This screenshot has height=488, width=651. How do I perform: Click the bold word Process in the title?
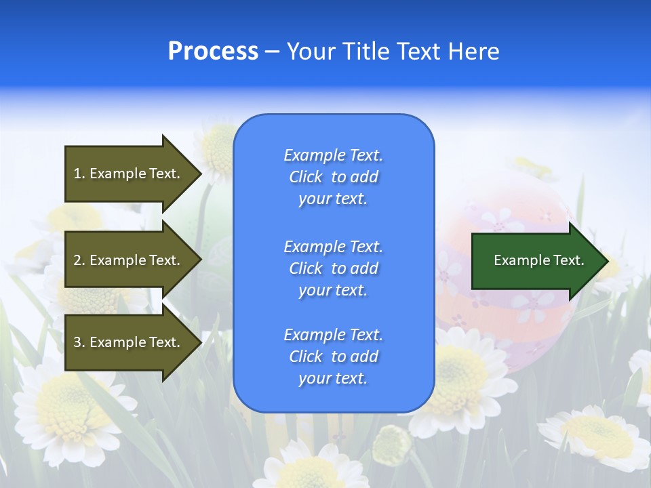point(213,52)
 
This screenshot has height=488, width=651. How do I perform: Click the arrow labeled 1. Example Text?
point(129,174)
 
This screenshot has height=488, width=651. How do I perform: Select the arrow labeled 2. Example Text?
point(129,260)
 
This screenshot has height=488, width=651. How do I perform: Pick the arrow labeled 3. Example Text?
point(129,342)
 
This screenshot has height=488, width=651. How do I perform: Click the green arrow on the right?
point(536,261)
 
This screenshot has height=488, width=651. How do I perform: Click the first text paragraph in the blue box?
point(333,177)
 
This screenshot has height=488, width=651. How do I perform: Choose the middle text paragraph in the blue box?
point(333,268)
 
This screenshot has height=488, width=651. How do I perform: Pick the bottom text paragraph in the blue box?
point(333,357)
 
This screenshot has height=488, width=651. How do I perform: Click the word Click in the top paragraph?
point(306,177)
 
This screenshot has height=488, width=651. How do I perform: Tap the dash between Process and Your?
point(273,52)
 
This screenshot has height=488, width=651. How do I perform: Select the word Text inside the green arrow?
point(569,260)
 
